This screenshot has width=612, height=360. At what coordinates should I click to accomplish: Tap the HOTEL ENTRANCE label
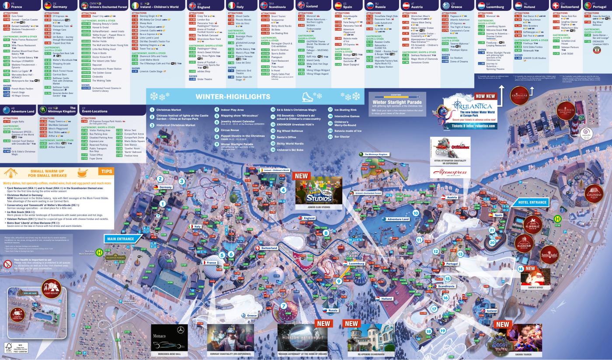[x=532, y=202]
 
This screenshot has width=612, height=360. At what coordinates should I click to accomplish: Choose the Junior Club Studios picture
[x=319, y=190]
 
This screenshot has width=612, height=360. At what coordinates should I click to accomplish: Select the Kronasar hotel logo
[x=520, y=96]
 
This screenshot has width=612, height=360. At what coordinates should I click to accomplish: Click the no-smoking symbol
[x=8, y=264]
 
